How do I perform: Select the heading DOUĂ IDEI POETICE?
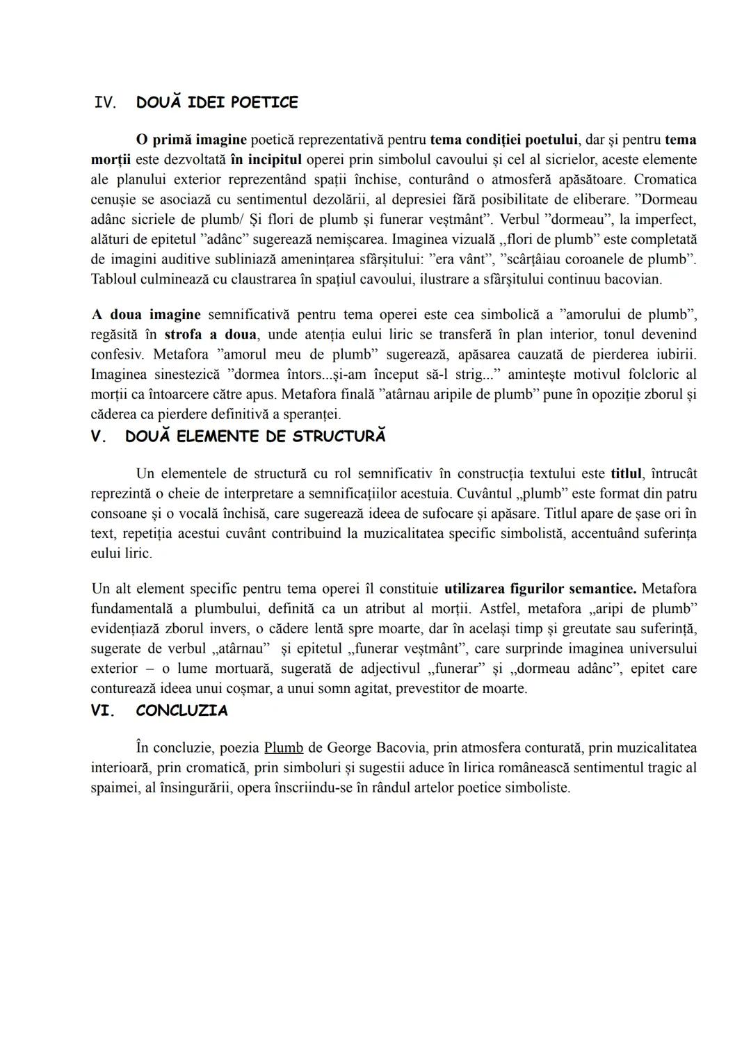(217, 103)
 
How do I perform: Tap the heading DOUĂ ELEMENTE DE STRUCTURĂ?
(255, 437)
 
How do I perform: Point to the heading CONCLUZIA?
(181, 710)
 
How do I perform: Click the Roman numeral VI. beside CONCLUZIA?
(103, 710)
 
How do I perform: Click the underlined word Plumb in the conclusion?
(284, 748)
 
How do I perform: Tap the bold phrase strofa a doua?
(210, 334)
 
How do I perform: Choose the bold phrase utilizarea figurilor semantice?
(540, 589)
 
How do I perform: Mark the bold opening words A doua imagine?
(146, 314)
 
